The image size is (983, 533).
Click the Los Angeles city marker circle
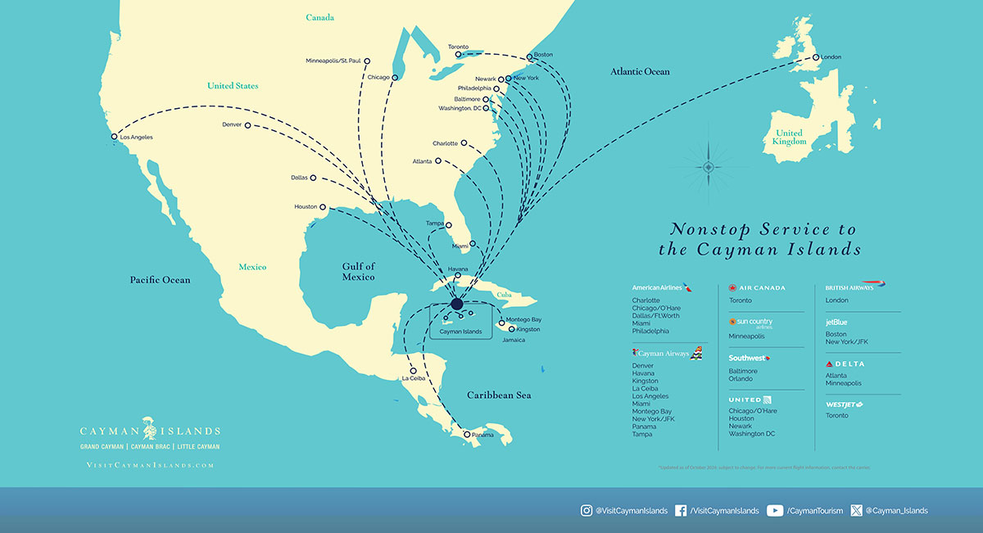pos(115,137)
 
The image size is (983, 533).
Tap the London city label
pos(830,57)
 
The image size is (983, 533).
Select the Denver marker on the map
pos(247,125)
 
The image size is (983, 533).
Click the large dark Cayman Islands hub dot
pos(456,305)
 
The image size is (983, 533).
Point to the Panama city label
pos(483,435)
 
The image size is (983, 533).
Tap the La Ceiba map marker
pos(412,370)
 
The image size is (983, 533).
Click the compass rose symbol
pos(709,168)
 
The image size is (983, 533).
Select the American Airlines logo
pos(662,288)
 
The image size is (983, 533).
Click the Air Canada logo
pos(758,288)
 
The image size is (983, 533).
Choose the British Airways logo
pos(856,287)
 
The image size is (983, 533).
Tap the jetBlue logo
pos(836,323)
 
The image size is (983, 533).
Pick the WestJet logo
pos(845,404)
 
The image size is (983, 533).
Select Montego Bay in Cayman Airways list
pos(651,411)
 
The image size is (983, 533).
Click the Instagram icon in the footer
pos(587,510)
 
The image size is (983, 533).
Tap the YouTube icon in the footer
pos(774,510)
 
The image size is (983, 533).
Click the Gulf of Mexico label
pos(358,272)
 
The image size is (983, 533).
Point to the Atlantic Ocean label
pos(639,72)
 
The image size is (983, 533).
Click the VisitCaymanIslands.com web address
pos(150,465)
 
